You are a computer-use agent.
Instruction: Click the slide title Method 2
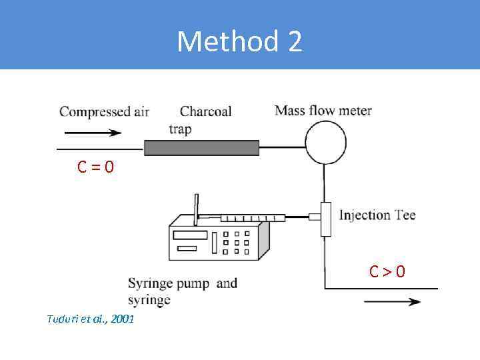pos(239,42)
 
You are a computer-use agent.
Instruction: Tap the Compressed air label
pos(104,111)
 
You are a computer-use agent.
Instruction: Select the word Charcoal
pos(205,111)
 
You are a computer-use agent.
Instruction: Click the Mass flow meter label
pos(323,110)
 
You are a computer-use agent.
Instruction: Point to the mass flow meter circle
pos(325,141)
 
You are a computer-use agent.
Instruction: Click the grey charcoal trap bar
pos(201,147)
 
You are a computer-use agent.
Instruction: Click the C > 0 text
pos(387,271)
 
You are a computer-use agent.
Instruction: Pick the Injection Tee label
pos(377,215)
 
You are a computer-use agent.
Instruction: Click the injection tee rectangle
pos(325,219)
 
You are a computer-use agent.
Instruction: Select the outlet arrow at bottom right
pos(392,301)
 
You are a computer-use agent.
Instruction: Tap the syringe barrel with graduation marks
pos(253,217)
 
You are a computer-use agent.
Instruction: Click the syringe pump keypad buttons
pos(235,242)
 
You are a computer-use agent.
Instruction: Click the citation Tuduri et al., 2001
pos(91,319)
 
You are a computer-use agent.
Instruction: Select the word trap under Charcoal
pos(180,129)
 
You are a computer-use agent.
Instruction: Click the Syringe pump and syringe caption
pos(182,291)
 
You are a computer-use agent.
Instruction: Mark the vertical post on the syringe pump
pos(197,207)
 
